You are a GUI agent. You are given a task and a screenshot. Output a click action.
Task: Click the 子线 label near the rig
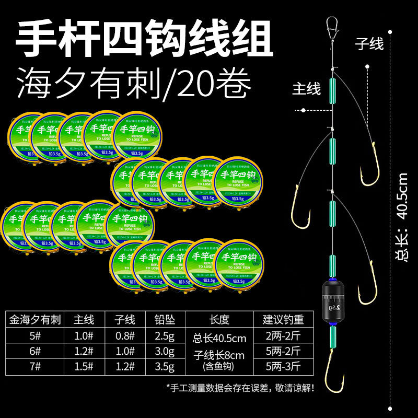pyautogui.click(x=369, y=43)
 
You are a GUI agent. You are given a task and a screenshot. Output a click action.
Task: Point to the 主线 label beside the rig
pyautogui.click(x=306, y=89)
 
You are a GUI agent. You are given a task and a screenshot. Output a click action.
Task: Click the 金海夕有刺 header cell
pyautogui.click(x=36, y=319)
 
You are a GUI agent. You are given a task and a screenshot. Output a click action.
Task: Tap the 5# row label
pyautogui.click(x=35, y=335)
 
